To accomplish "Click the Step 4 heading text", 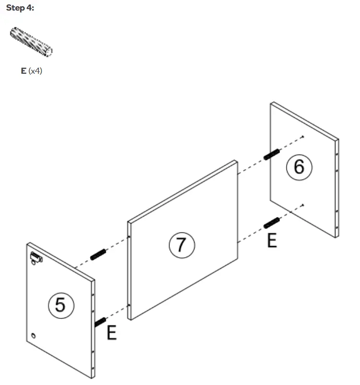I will coord(20,9).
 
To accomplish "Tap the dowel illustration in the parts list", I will coord(31,42).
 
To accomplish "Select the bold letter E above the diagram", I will coord(23,71).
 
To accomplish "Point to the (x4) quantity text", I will coord(35,71).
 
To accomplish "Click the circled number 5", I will coord(60,305).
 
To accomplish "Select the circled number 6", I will coord(299,167).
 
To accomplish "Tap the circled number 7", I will coord(180,244).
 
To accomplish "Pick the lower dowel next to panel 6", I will coord(272,223).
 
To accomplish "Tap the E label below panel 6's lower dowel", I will coord(272,240).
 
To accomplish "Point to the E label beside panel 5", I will coord(111,332).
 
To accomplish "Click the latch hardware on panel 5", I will coord(36,257).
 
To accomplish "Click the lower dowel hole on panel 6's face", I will coord(303,205).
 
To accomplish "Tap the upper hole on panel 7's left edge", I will coord(129,236).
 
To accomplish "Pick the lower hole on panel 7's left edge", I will coord(129,305).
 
